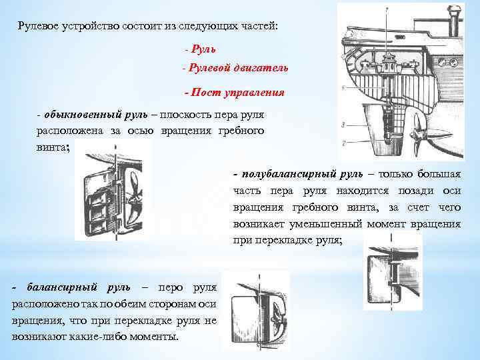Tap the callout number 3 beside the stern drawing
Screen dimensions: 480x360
pyautogui.click(x=342, y=125)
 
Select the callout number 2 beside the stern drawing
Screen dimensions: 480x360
pyautogui.click(x=342, y=143)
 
